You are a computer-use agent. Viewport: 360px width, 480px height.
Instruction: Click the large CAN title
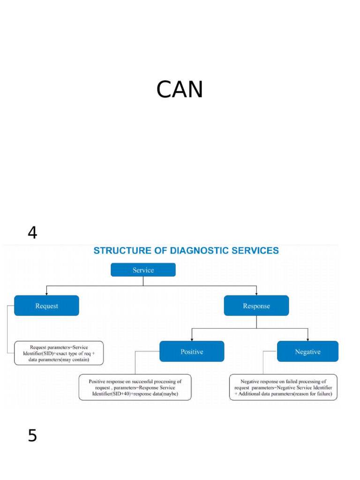(x=180, y=90)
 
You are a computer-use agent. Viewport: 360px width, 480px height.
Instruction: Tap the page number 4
(x=32, y=232)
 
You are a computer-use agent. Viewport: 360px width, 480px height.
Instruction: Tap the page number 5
(x=32, y=436)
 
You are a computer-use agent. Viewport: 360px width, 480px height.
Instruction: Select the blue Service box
(x=143, y=270)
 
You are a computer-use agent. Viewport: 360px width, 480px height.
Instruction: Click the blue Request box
(x=46, y=306)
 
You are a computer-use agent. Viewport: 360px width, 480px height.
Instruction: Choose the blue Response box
(x=256, y=306)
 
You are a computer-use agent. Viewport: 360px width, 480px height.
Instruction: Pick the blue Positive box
(x=192, y=352)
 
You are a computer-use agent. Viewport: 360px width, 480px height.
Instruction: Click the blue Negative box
(x=307, y=352)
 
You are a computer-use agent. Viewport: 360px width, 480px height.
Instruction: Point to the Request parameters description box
(x=59, y=352)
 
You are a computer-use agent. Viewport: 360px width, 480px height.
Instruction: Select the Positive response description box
(x=135, y=387)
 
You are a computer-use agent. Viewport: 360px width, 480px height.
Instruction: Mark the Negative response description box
(x=283, y=387)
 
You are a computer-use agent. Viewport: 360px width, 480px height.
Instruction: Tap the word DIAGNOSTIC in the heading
(x=196, y=251)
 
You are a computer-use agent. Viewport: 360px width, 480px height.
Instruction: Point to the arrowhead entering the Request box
(x=46, y=293)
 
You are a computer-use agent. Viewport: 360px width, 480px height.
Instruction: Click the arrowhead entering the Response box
(x=256, y=293)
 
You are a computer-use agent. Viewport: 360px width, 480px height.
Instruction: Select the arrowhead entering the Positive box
(x=192, y=339)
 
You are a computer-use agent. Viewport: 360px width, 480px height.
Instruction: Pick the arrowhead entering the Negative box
(x=307, y=339)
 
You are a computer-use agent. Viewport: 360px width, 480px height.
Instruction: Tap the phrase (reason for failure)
(x=311, y=394)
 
